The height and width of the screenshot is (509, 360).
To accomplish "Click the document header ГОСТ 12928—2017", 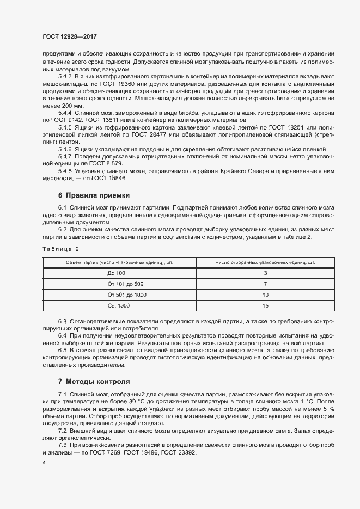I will pos(69,36).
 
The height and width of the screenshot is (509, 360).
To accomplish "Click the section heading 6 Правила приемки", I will pos(94,195).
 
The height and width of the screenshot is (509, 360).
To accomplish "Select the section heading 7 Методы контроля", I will pos(94,381).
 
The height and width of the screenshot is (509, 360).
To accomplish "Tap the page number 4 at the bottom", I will pos(44,463).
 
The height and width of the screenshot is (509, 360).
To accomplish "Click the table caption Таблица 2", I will pos(60,249).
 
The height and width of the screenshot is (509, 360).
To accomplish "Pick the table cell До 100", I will pos(117,273).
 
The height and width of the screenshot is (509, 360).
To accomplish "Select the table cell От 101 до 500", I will pos(126,284).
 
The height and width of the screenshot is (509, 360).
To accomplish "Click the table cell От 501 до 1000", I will pos(127,295).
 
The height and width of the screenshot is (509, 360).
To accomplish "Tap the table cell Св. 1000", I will pos(119,306).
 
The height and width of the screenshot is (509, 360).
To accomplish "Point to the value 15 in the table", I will pos(265,306).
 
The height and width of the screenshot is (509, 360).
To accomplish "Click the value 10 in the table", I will pos(265,295).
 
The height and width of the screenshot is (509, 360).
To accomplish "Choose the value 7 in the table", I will pos(265,284).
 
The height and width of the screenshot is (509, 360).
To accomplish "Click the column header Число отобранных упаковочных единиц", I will pos(265,262).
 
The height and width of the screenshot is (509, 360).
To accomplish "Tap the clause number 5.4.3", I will pos(65,77).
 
